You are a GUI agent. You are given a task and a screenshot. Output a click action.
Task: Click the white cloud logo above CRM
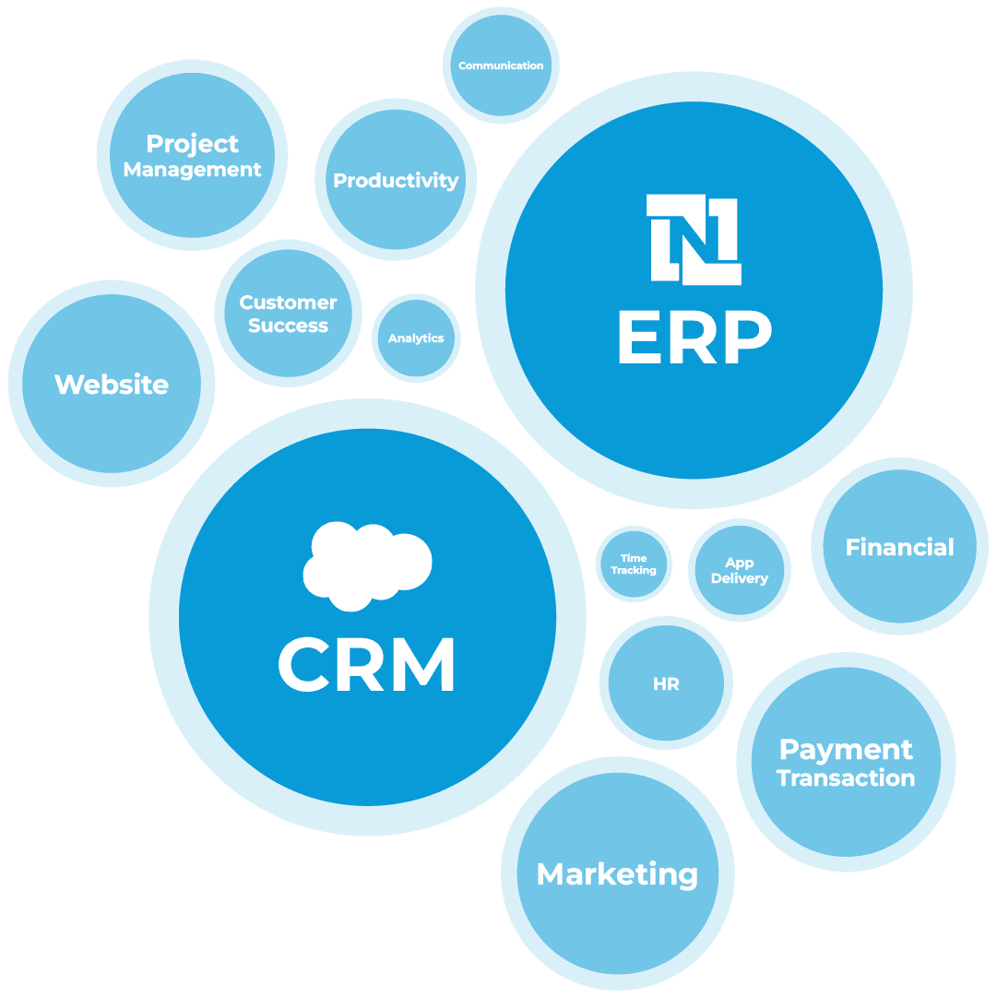[x=367, y=565]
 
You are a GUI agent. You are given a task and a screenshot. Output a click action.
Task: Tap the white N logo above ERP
[x=694, y=238]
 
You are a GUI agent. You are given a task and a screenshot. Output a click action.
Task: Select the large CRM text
[x=367, y=665]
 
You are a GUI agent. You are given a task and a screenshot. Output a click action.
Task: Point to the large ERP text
[x=694, y=338]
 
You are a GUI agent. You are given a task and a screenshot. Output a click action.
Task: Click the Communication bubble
[x=501, y=65]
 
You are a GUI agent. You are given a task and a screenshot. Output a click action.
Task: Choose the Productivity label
[x=396, y=181]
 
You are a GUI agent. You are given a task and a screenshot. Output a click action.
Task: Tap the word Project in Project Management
[x=192, y=144]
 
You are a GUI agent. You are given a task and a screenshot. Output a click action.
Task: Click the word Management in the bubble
[x=192, y=170]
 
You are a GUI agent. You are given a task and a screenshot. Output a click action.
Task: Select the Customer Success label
[x=288, y=314]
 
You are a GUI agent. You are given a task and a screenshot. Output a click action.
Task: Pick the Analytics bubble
[x=416, y=338]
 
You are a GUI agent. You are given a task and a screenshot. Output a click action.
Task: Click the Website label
[x=112, y=385]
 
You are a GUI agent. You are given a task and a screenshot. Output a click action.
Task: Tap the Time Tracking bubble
[x=634, y=564]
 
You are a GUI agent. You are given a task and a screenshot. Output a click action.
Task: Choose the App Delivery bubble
[x=740, y=570]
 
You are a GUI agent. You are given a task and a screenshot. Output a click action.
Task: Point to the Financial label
[x=899, y=548]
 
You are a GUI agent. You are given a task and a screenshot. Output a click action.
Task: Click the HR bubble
[x=666, y=684]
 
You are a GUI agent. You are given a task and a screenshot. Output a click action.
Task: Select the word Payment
[x=846, y=749]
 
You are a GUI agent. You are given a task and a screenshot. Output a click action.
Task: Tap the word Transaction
[x=846, y=778]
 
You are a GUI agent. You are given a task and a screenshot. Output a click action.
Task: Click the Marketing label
[x=617, y=874]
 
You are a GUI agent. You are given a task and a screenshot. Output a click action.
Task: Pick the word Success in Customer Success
[x=288, y=326]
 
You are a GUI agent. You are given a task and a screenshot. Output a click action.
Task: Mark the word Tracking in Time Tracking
[x=634, y=571]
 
